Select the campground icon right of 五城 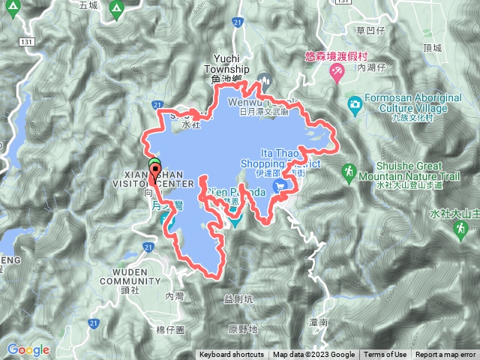coord(115,9)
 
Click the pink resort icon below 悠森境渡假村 coord(338,72)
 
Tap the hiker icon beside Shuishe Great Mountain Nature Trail coord(348,173)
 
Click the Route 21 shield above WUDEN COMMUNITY coord(148,246)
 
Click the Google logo coord(28,349)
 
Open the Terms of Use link coord(385,355)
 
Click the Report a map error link coord(446,355)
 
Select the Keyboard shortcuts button coord(232,355)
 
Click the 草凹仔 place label coord(370,31)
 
